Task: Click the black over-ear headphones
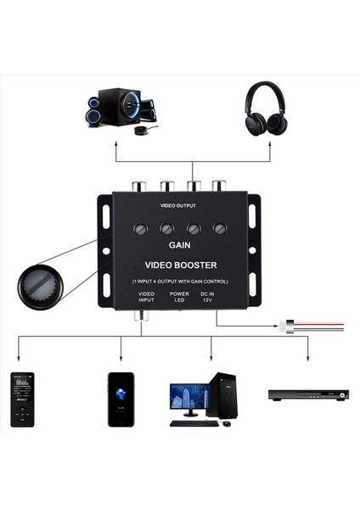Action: (x=266, y=109)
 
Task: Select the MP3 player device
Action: (x=22, y=398)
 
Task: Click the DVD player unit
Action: (x=308, y=394)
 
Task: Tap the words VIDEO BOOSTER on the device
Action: (x=179, y=265)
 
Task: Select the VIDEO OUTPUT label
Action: (x=178, y=206)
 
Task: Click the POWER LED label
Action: (x=178, y=297)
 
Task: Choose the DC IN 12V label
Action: (x=207, y=297)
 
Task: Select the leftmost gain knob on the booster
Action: (x=141, y=229)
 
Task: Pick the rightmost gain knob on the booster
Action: (x=219, y=228)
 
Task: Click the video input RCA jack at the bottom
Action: (x=145, y=315)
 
